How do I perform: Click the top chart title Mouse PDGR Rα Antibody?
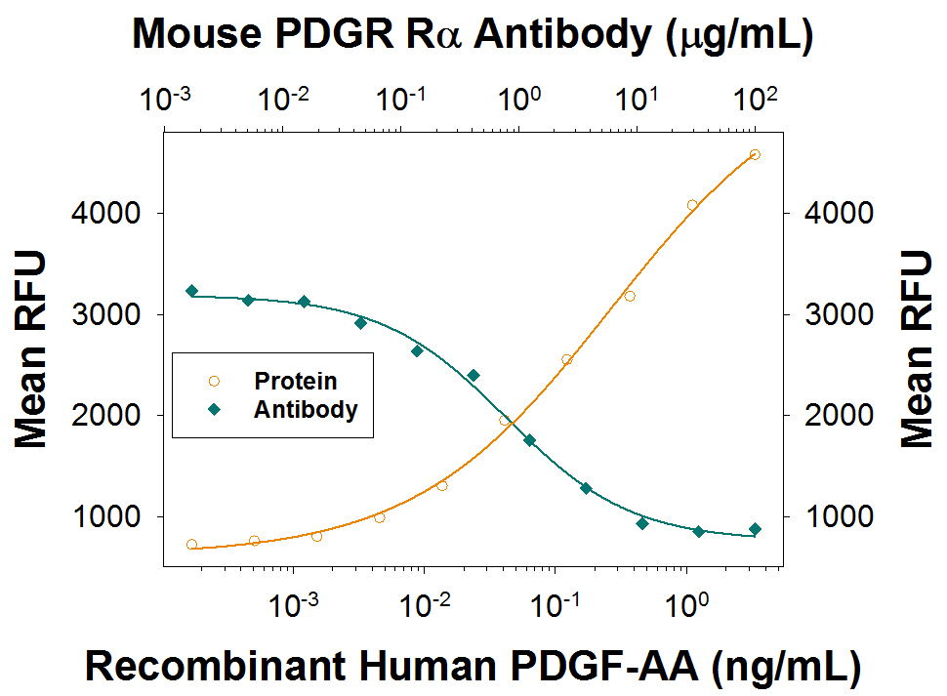click(473, 35)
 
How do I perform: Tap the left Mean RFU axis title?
click(31, 348)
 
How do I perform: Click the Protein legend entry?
click(295, 381)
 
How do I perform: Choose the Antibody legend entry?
click(305, 409)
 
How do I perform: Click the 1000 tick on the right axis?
click(834, 516)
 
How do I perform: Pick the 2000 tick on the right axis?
click(834, 415)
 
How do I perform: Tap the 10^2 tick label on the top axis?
click(754, 98)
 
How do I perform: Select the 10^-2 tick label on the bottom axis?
click(425, 605)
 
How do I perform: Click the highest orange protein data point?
click(755, 154)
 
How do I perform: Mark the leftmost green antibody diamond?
click(191, 291)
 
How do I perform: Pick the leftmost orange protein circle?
click(191, 545)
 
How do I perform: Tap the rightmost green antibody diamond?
click(755, 529)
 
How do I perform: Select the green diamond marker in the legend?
click(215, 410)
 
